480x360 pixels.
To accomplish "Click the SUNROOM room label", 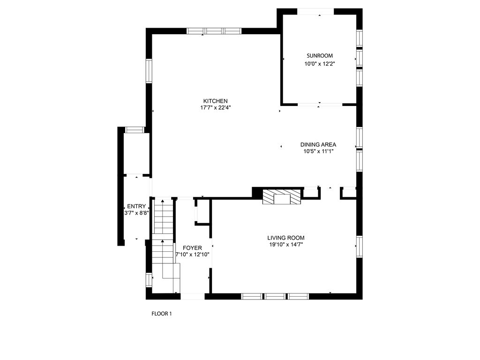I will [x=319, y=56].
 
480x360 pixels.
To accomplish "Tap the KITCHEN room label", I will [x=215, y=101].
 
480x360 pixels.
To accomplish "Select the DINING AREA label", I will [x=318, y=145].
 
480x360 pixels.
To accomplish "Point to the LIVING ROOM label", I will [x=286, y=238].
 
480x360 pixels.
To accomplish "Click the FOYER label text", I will [x=192, y=248].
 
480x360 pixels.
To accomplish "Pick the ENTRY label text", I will [x=136, y=207].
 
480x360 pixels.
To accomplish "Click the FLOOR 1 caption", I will [x=161, y=314].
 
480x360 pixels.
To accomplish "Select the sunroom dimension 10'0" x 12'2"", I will [x=319, y=64].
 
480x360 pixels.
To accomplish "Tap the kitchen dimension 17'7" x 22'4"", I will [x=215, y=108].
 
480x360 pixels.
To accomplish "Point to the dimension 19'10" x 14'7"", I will [x=286, y=244].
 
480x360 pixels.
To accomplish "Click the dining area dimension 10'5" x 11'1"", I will [x=318, y=151].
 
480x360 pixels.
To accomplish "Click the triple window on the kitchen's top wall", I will [x=214, y=31].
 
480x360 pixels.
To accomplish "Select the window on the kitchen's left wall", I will [x=149, y=71].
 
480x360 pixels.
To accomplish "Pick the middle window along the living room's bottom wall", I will [x=275, y=296].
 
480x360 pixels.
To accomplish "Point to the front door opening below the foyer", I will [x=192, y=296].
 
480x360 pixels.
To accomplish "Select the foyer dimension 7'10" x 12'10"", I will [x=192, y=255].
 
